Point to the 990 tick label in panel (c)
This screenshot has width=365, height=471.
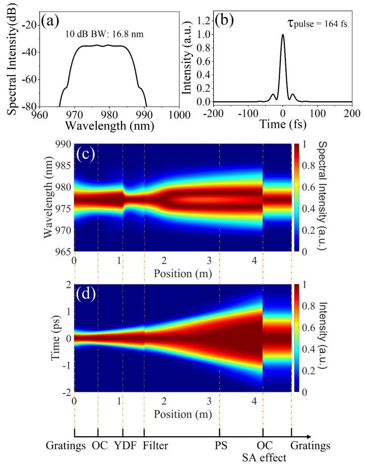coord(63,145)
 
